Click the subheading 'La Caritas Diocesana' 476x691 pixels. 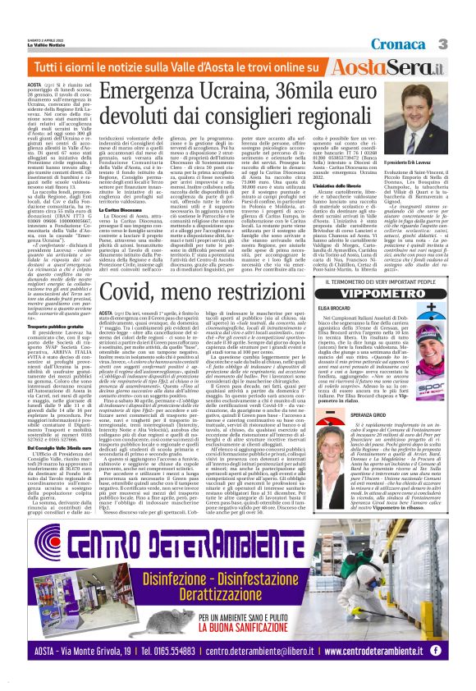tap(117, 210)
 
